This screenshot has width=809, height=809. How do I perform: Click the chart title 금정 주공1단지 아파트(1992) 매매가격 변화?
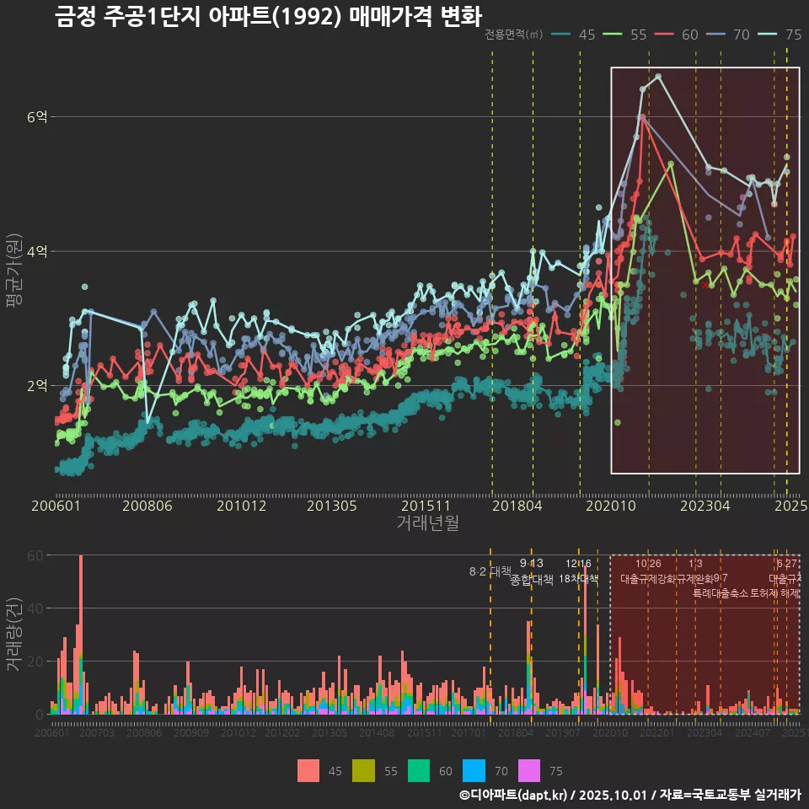[x=268, y=17]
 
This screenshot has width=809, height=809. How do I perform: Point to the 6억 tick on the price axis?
[x=36, y=117]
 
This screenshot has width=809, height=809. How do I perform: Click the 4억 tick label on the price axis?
[x=36, y=251]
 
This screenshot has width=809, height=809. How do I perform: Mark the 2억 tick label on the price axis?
[x=36, y=385]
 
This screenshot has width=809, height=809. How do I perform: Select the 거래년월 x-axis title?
[x=427, y=523]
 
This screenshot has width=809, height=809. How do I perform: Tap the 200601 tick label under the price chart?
[x=56, y=506]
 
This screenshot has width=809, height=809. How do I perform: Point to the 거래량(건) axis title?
[x=13, y=635]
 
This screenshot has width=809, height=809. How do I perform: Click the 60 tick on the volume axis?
[x=35, y=555]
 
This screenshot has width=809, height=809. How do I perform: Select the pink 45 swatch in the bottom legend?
[x=308, y=771]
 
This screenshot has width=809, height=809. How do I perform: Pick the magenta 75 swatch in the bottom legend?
[x=528, y=771]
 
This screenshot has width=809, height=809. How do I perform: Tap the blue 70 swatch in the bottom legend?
[x=474, y=771]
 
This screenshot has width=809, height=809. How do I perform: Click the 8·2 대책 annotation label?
[x=490, y=571]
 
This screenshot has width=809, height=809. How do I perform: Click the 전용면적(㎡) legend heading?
[x=513, y=35]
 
